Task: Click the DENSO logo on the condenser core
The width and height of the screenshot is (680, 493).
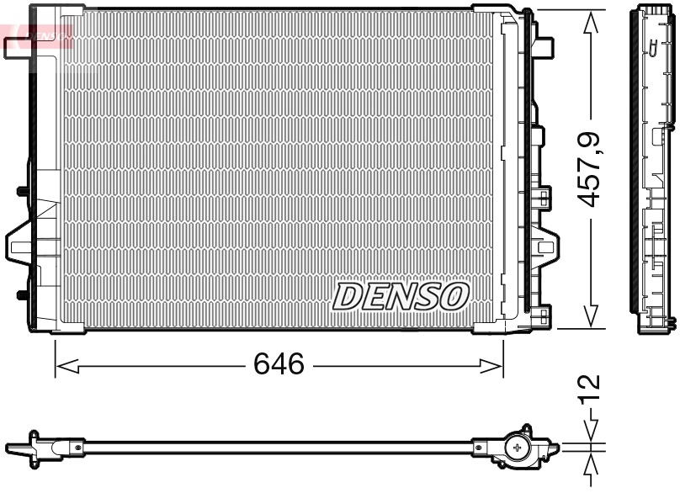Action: point(401,295)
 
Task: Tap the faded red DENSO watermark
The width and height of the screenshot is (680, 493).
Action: point(42,34)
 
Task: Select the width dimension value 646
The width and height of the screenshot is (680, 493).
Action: point(279,365)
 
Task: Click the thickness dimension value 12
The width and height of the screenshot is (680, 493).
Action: point(592,386)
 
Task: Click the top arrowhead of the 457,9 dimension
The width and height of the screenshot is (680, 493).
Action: point(592,22)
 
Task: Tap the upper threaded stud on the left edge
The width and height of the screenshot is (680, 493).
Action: point(21,191)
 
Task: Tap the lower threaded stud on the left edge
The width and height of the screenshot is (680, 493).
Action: point(21,294)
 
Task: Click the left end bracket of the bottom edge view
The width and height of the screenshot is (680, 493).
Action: point(34,445)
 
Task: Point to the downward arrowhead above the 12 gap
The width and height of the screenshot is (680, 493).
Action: point(592,428)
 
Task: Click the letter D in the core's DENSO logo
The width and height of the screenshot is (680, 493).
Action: point(347,295)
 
